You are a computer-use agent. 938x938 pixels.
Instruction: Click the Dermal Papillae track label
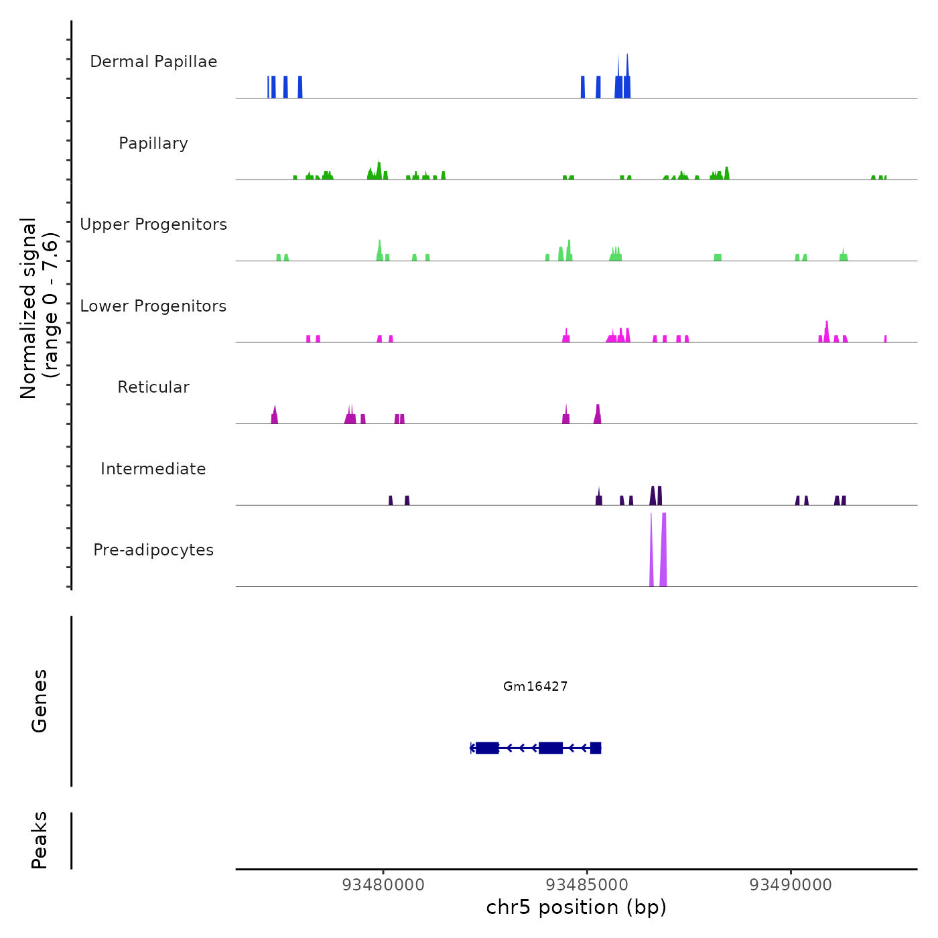pyautogui.click(x=153, y=62)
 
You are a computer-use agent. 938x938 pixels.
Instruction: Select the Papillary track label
pyautogui.click(x=153, y=143)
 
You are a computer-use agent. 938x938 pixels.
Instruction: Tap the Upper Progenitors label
pyautogui.click(x=153, y=224)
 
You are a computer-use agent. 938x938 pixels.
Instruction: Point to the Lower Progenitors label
pyautogui.click(x=153, y=306)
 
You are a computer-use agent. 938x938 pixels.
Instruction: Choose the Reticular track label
pyautogui.click(x=153, y=387)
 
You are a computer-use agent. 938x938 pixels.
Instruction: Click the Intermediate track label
pyautogui.click(x=153, y=469)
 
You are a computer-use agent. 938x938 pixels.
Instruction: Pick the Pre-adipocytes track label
pyautogui.click(x=153, y=550)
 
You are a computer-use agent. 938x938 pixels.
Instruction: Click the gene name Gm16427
pyautogui.click(x=535, y=686)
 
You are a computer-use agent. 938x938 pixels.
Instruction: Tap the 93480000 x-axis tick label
pyautogui.click(x=383, y=885)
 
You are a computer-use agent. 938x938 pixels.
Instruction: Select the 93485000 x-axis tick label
pyautogui.click(x=587, y=885)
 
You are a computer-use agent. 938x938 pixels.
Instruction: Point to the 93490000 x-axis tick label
pyautogui.click(x=791, y=885)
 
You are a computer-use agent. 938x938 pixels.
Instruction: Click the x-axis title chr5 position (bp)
pyautogui.click(x=576, y=908)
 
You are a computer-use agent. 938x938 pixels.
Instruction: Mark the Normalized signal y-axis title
pyautogui.click(x=39, y=308)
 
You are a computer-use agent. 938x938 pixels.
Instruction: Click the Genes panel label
pyautogui.click(x=40, y=701)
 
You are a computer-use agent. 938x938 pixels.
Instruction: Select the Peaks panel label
pyautogui.click(x=40, y=840)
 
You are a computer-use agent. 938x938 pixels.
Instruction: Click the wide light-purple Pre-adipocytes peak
pyautogui.click(x=663, y=549)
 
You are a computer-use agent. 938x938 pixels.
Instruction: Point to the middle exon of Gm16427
pyautogui.click(x=551, y=748)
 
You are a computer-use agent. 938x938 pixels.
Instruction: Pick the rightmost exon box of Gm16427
pyautogui.click(x=596, y=748)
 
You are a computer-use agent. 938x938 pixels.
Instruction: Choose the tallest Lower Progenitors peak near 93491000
pyautogui.click(x=827, y=332)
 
